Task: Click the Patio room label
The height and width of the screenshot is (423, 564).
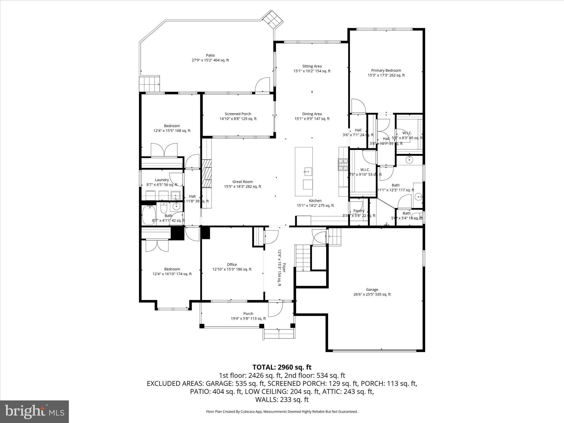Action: click(210, 55)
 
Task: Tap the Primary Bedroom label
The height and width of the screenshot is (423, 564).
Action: click(386, 70)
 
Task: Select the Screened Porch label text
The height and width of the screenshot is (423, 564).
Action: click(238, 114)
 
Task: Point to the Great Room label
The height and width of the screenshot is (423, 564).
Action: click(242, 181)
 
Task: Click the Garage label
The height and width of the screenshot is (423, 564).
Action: click(372, 289)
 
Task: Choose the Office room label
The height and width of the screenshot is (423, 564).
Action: click(232, 264)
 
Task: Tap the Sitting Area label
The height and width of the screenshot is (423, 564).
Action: click(312, 66)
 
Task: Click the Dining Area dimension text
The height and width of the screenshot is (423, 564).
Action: click(312, 119)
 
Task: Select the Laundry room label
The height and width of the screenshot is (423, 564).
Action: click(162, 180)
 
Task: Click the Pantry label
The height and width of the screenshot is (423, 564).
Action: click(359, 211)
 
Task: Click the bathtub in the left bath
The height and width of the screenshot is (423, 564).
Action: click(149, 215)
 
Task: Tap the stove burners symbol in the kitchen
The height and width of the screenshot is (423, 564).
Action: click(343, 164)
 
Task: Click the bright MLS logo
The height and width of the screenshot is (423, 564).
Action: click(34, 411)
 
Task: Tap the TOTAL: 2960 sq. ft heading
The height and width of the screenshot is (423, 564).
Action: click(282, 367)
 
